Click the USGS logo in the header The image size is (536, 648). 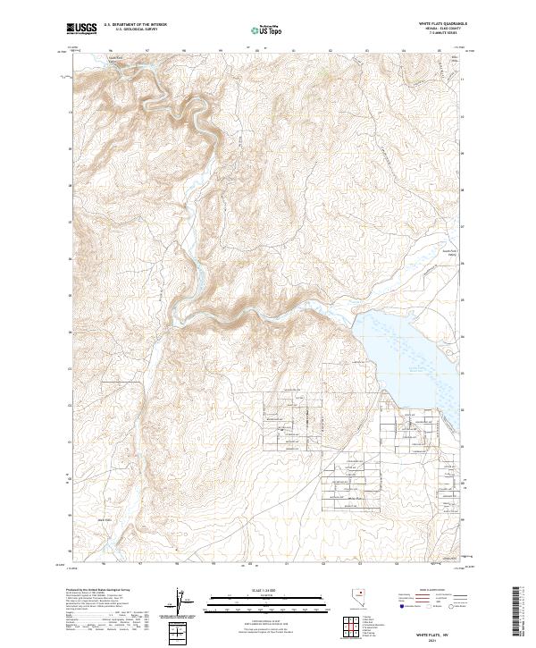pyautogui.click(x=80, y=29)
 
